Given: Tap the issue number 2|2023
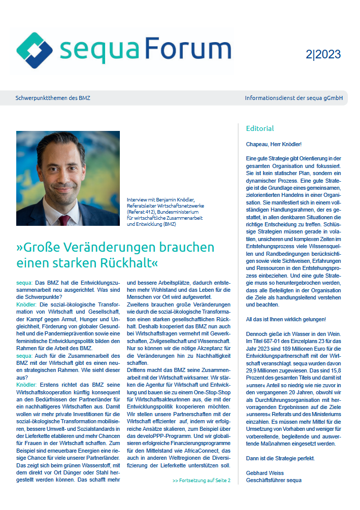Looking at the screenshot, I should pos(323,54).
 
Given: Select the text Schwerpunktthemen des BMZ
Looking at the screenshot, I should pos(53,97).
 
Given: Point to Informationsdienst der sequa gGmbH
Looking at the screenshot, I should pos(293,97).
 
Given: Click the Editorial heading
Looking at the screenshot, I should pos(259,128).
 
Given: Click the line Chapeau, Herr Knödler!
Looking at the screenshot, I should pos(273,144).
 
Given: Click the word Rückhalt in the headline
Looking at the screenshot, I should pos(122,264).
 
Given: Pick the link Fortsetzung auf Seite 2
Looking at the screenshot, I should pos(202,480).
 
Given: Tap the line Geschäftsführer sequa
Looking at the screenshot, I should pos(274,480).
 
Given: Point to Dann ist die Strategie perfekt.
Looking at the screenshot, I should pos(280,459).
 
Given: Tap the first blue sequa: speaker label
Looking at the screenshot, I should pos(24,282).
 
